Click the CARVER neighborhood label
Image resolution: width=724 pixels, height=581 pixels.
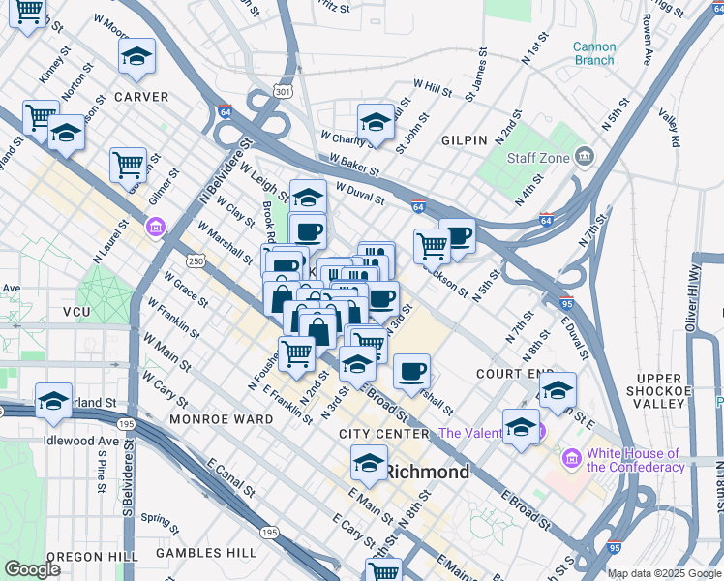141,97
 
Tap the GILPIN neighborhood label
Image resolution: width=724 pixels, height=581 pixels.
464,140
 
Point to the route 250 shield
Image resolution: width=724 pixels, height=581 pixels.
196,261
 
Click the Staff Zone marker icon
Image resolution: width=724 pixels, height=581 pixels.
584,156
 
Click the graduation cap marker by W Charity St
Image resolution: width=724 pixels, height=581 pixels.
376,121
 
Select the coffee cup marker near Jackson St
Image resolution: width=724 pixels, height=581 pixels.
458,234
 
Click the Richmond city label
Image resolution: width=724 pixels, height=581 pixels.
428,473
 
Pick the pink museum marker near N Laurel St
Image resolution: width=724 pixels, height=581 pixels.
155,228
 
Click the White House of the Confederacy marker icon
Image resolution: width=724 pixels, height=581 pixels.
571,456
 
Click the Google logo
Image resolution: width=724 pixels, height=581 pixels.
32,569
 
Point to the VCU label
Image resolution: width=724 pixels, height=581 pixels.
75,312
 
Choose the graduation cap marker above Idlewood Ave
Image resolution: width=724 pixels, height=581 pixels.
54,400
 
